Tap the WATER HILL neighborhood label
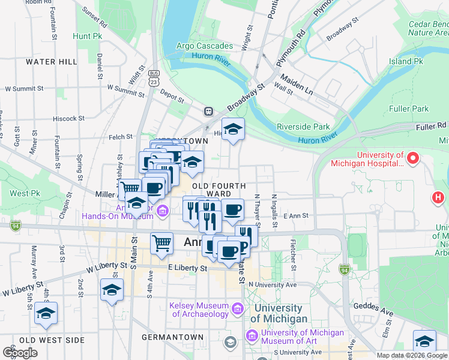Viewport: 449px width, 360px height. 51,62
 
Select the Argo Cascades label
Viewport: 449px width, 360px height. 205,46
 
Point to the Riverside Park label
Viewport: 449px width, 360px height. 303,127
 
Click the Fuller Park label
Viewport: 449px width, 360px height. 409,109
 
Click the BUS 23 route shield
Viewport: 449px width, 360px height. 155,78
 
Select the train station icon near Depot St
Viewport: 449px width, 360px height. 208,111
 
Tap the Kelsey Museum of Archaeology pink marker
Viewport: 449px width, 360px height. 237,310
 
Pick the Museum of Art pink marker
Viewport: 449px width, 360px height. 252,334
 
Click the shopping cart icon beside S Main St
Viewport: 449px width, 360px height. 161,243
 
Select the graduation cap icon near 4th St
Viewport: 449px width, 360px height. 46,313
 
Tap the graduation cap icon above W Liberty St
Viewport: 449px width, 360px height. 112,290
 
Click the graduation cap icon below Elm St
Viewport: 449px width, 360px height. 424,341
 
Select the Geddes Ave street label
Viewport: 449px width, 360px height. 377,311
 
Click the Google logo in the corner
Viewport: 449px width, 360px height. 20,353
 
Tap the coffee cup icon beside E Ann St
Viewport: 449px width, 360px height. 232,210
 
